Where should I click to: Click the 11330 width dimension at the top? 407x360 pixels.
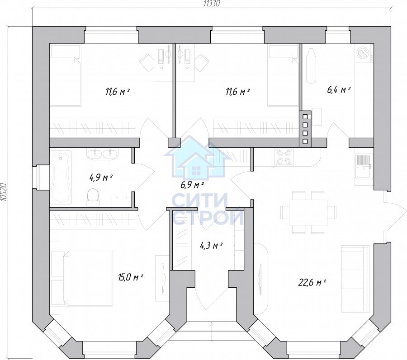click(212, 4)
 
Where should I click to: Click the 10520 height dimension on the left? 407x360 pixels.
click(3, 192)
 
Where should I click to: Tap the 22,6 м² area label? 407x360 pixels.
click(312, 282)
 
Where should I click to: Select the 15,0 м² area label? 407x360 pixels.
click(131, 278)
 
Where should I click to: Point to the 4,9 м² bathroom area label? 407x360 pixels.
click(101, 178)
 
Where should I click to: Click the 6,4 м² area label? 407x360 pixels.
click(339, 90)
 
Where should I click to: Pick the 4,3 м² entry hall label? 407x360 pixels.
click(211, 245)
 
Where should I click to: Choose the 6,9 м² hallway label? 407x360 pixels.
click(192, 185)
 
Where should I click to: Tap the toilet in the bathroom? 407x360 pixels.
click(93, 197)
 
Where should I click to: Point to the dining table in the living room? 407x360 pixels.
click(308, 213)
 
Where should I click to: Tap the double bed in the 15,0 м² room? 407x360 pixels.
click(82, 278)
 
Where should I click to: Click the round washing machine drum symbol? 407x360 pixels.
click(362, 52)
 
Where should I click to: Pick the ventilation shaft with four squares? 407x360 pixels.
click(305, 129)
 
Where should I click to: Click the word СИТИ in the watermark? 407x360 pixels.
click(200, 200)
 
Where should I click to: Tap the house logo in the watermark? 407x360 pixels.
click(197, 158)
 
